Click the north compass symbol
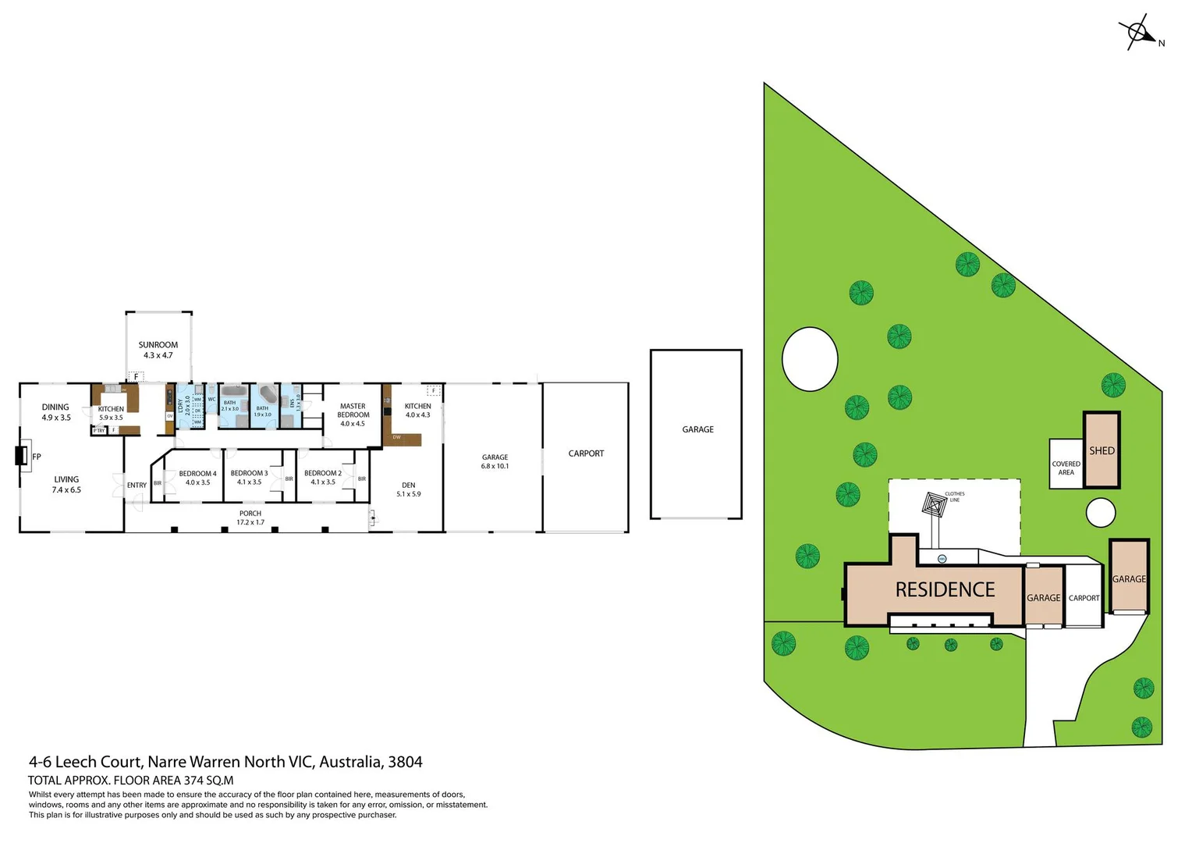[x=1138, y=33]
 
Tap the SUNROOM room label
[x=158, y=350]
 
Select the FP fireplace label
[x=36, y=457]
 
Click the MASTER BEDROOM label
[x=353, y=414]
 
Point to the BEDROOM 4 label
[x=197, y=478]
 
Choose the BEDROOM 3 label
[x=249, y=478]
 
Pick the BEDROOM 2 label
[x=323, y=478]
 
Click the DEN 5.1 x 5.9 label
[x=408, y=489]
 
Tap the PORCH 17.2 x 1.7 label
[x=250, y=518]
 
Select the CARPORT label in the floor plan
[x=586, y=454]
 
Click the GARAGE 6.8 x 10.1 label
[x=495, y=461]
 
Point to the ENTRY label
[x=137, y=486]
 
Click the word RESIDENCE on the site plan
[x=945, y=590]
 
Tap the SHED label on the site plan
[x=1102, y=451]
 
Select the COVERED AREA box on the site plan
[x=1066, y=467]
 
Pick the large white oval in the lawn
[x=810, y=359]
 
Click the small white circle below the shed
[x=1100, y=513]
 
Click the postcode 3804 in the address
[x=405, y=762]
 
